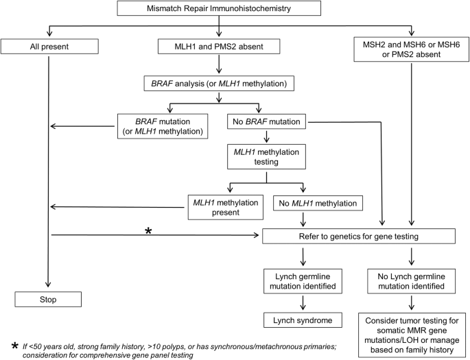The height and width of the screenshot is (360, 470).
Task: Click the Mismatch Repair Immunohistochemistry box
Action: (x=219, y=8)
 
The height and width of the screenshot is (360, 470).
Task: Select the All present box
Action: (x=49, y=47)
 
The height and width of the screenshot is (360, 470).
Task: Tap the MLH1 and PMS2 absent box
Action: (x=219, y=47)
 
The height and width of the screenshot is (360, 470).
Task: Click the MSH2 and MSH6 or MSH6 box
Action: (x=411, y=49)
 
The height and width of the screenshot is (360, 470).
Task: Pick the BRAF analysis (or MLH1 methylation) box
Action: (x=219, y=83)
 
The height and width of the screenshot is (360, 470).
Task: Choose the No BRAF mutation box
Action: (x=266, y=121)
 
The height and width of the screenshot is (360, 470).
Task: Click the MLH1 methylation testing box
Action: (x=266, y=156)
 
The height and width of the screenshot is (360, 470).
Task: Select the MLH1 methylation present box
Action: (x=226, y=207)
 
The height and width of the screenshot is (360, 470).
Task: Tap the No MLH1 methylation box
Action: (x=318, y=203)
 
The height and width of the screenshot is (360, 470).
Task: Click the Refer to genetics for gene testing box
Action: (x=359, y=237)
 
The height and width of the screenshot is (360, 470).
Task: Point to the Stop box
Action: (x=48, y=299)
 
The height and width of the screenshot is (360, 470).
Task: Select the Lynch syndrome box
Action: (x=303, y=320)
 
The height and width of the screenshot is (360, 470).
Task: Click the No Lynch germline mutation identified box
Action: (x=411, y=281)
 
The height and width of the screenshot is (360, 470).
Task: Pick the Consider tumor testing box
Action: (x=412, y=335)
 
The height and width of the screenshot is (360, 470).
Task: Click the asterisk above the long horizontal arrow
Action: (x=148, y=231)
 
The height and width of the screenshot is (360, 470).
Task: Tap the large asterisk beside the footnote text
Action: (x=14, y=346)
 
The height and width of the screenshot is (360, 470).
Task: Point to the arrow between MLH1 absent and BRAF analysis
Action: (x=219, y=64)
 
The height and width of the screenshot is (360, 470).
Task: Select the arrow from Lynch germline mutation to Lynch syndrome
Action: (x=303, y=303)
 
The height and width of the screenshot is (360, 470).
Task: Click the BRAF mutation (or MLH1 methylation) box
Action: (x=163, y=126)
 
